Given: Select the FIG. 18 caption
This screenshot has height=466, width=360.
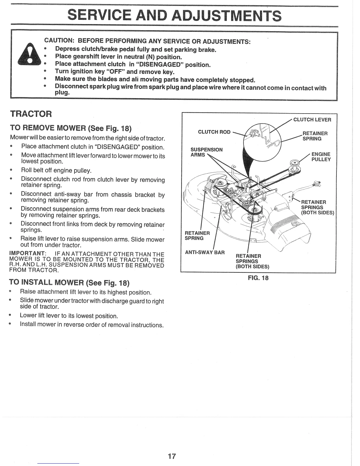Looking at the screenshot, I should tap(258, 278).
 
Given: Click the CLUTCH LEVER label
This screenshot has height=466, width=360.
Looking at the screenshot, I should tap(312, 120).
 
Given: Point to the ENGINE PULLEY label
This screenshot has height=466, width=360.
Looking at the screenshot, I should tap(321, 157).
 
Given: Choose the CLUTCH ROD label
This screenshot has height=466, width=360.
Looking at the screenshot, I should tap(214, 132).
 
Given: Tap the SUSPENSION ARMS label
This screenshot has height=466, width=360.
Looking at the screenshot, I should tap(206, 152).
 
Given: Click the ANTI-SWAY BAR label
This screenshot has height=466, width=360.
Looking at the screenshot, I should tap(204, 252).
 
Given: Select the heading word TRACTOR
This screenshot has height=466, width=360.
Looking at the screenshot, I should tap(31, 114).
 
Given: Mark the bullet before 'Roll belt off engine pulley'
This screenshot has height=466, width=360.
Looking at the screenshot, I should tap(11, 170).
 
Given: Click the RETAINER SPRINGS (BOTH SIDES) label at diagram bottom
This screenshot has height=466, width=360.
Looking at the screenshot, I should tap(252, 261).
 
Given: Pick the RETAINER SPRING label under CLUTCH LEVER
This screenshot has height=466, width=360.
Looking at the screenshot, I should tap(315, 136).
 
